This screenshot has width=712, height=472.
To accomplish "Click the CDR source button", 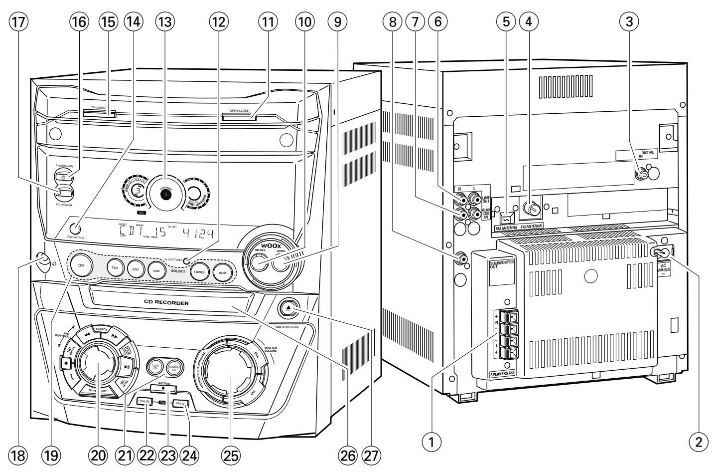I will tap(81, 265).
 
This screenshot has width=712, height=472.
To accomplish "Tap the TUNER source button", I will tap(199, 272).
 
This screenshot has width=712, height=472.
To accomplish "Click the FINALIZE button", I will tap(144, 402).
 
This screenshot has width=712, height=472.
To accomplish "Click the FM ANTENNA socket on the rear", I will tap(530, 210).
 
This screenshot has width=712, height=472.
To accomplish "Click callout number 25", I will tap(232, 454).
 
